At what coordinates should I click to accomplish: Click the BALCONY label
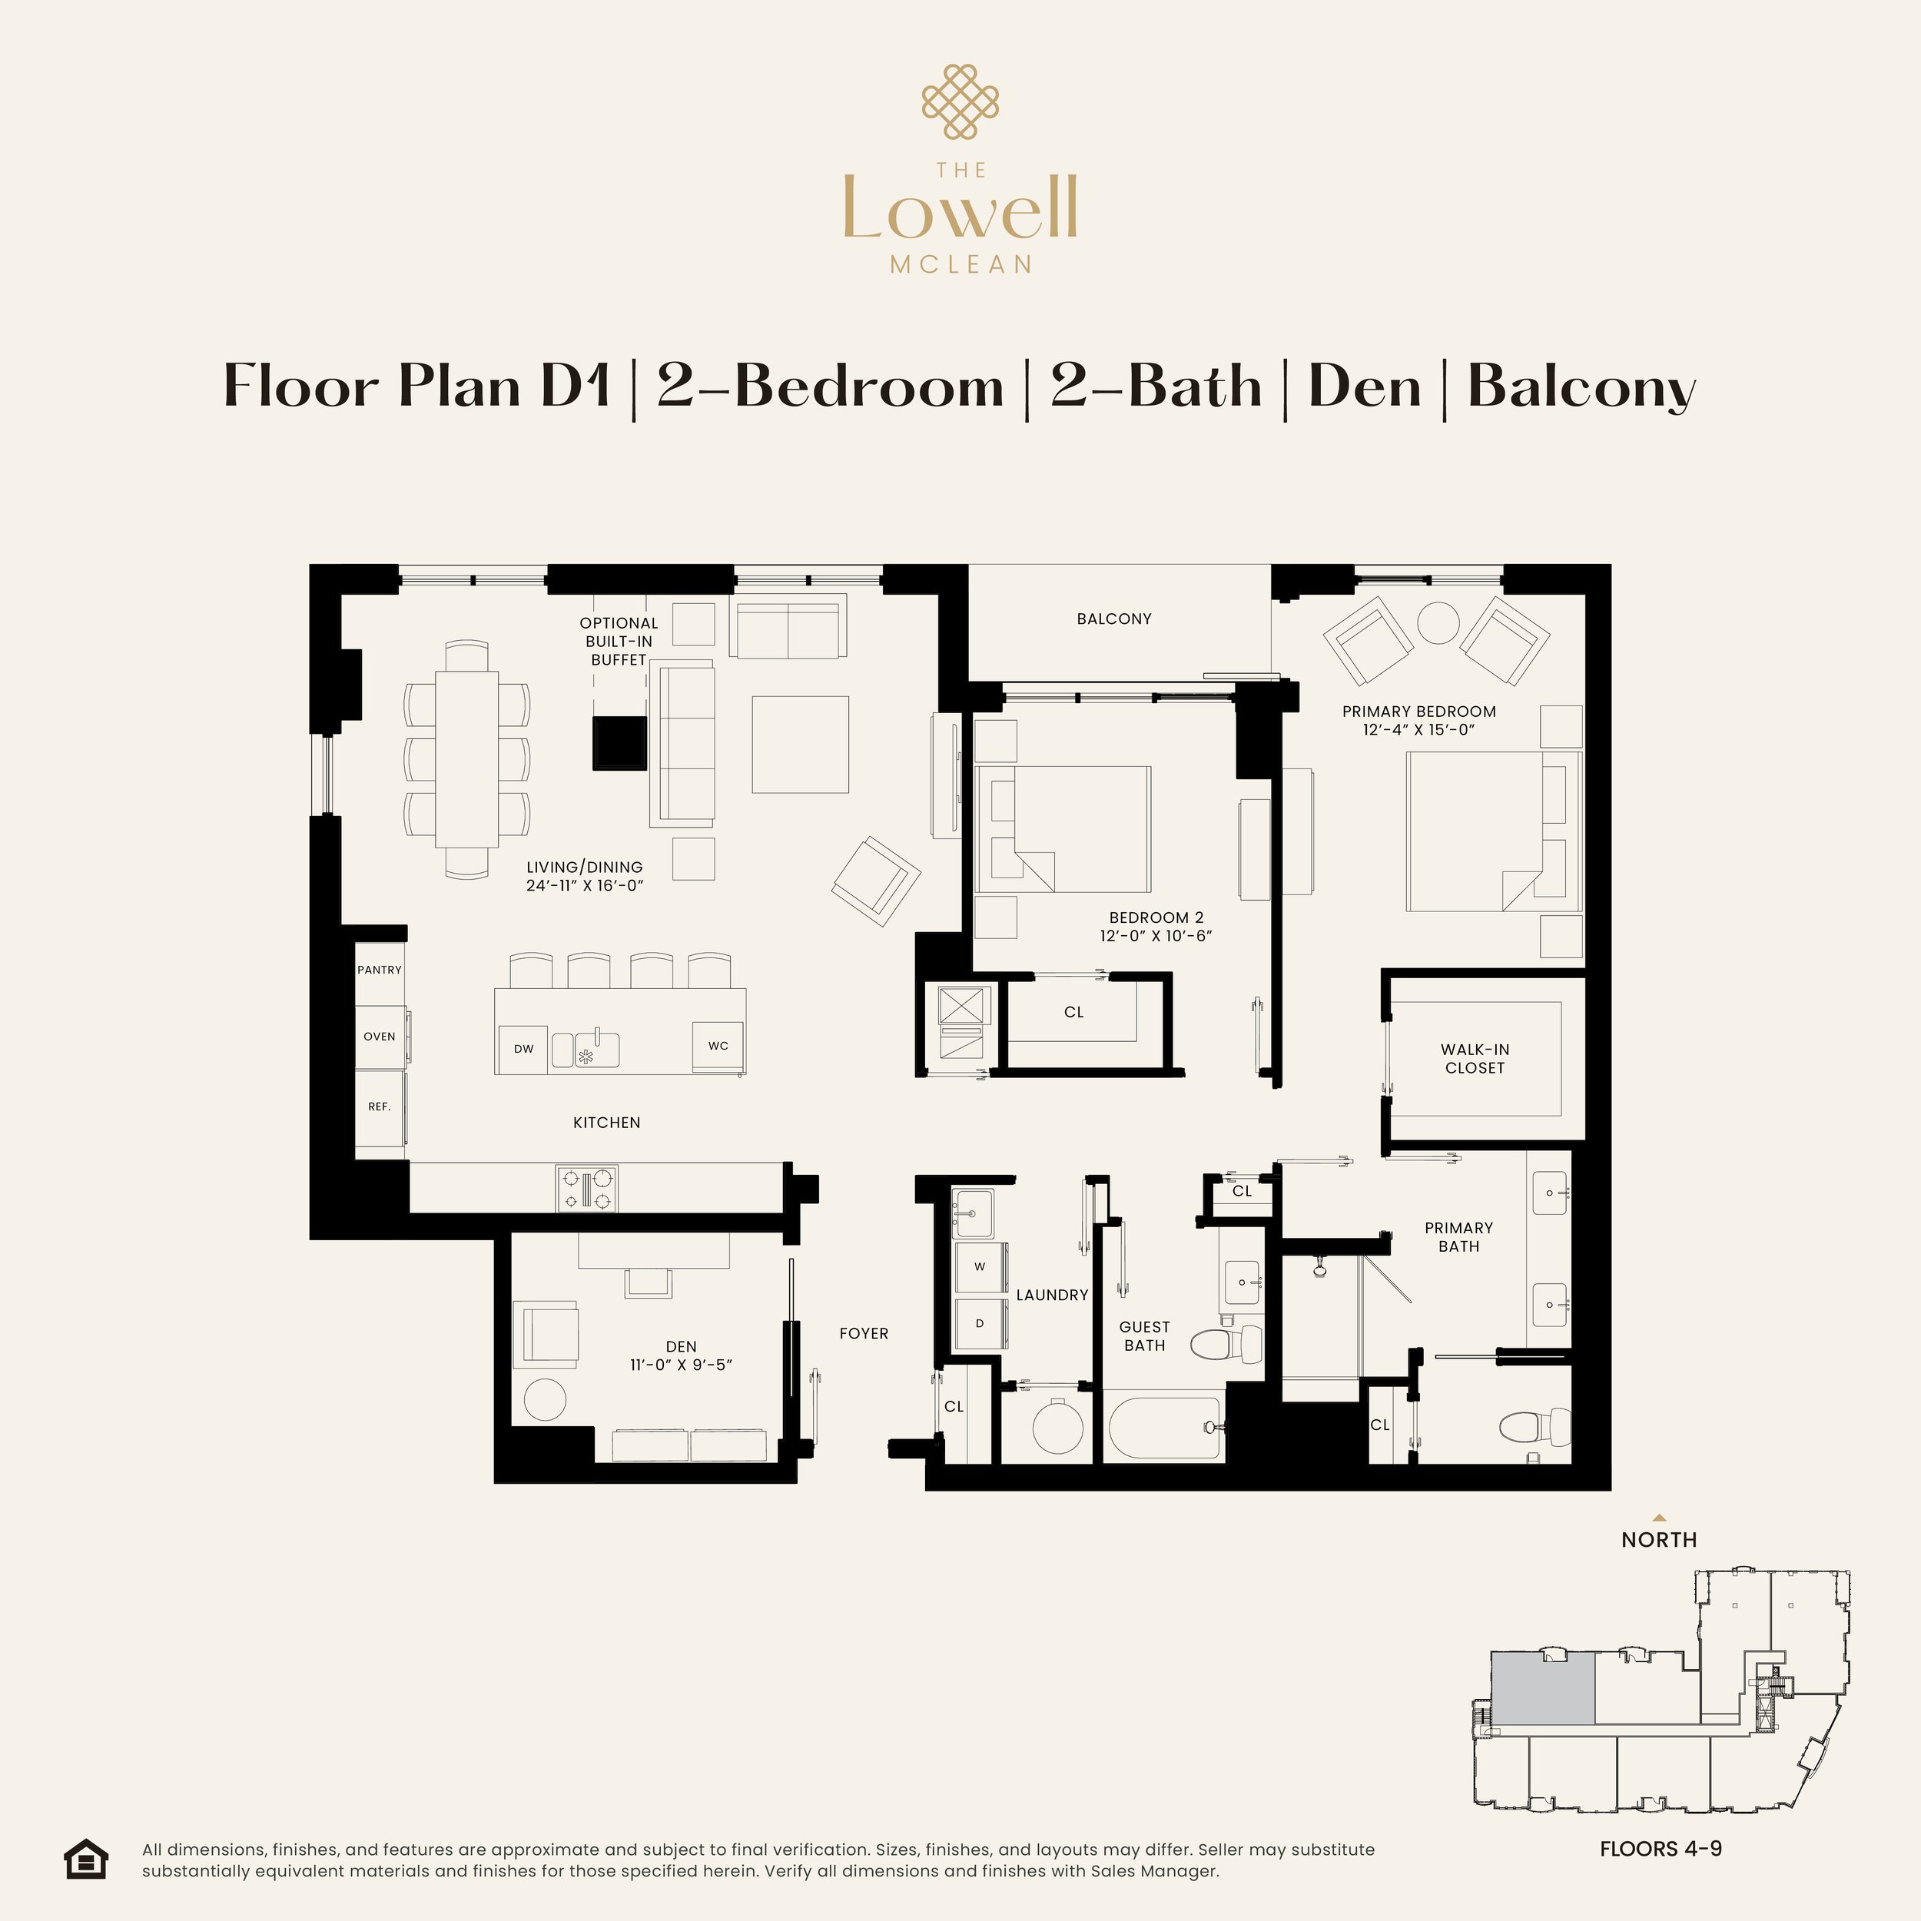point(1113,619)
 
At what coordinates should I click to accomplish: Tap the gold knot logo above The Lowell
point(960,101)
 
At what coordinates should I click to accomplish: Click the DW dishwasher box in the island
point(523,1048)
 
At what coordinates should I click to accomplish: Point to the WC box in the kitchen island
point(718,1045)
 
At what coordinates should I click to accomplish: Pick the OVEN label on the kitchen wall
point(379,1036)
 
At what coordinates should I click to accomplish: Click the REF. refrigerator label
point(379,1106)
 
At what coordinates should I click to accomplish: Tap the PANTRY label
point(379,970)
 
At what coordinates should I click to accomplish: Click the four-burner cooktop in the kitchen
point(586,1188)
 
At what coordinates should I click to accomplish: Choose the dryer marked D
point(980,1323)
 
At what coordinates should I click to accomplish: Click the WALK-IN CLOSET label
point(1475,1058)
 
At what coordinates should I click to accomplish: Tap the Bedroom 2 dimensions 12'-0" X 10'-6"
point(1156,936)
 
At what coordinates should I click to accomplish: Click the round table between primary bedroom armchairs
point(1438,623)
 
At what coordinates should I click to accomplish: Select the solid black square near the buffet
point(619,743)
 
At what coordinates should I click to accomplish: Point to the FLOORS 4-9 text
point(1661,1849)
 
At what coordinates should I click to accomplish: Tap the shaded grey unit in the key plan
point(1543,1688)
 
